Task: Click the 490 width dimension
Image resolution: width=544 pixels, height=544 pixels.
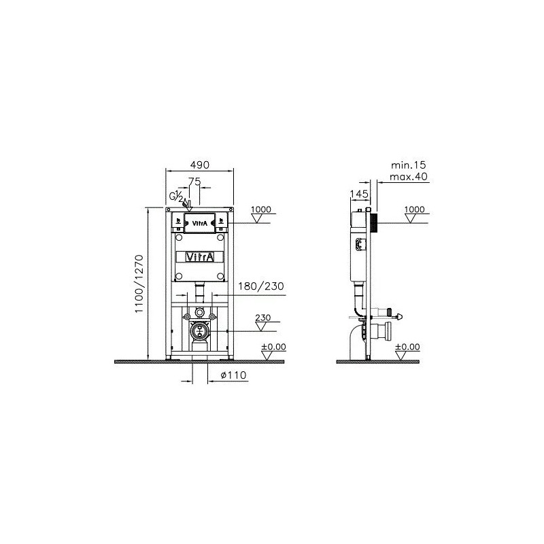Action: pyautogui.click(x=200, y=165)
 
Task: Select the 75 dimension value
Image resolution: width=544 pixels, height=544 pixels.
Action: pyautogui.click(x=194, y=181)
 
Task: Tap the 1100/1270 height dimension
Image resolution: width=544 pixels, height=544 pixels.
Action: pyautogui.click(x=139, y=284)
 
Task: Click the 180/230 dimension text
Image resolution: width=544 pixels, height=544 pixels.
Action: pyautogui.click(x=261, y=286)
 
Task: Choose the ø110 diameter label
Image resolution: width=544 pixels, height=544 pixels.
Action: pyautogui.click(x=233, y=375)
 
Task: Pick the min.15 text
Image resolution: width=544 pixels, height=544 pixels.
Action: pyautogui.click(x=409, y=165)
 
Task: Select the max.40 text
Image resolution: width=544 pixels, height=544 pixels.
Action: pyautogui.click(x=409, y=177)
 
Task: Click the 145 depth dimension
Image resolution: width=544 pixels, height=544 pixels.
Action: pyautogui.click(x=359, y=194)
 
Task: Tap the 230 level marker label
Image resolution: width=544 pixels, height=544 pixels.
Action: pyautogui.click(x=263, y=318)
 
